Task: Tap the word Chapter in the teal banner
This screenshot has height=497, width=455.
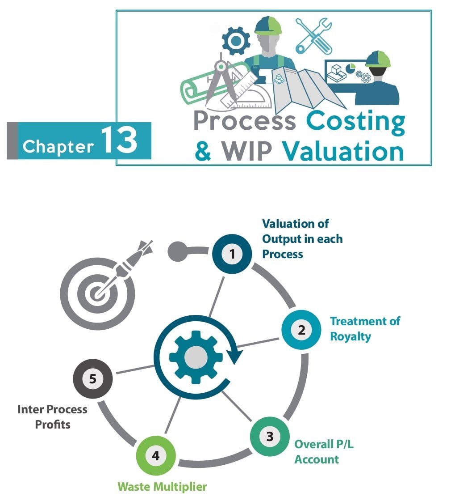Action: [x=58, y=146]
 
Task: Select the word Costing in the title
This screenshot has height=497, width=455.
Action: [x=355, y=123]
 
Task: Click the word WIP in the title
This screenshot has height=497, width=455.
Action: [x=246, y=151]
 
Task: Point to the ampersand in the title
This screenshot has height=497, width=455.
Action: [x=203, y=151]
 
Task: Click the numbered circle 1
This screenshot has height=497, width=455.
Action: [x=232, y=254]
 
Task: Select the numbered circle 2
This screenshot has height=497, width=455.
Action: [x=301, y=330]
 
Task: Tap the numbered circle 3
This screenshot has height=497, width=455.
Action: [x=270, y=437]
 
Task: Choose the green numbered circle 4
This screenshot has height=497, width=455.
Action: [x=156, y=455]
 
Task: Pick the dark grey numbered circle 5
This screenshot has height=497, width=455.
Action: [x=93, y=379]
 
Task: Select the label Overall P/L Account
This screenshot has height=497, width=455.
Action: [x=324, y=452]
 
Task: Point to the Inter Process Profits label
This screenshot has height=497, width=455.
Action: [x=53, y=417]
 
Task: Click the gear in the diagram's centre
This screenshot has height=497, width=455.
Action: [x=196, y=357]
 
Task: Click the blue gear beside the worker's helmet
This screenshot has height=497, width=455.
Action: [x=236, y=41]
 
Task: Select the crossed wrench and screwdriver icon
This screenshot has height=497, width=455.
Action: [x=314, y=35]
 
